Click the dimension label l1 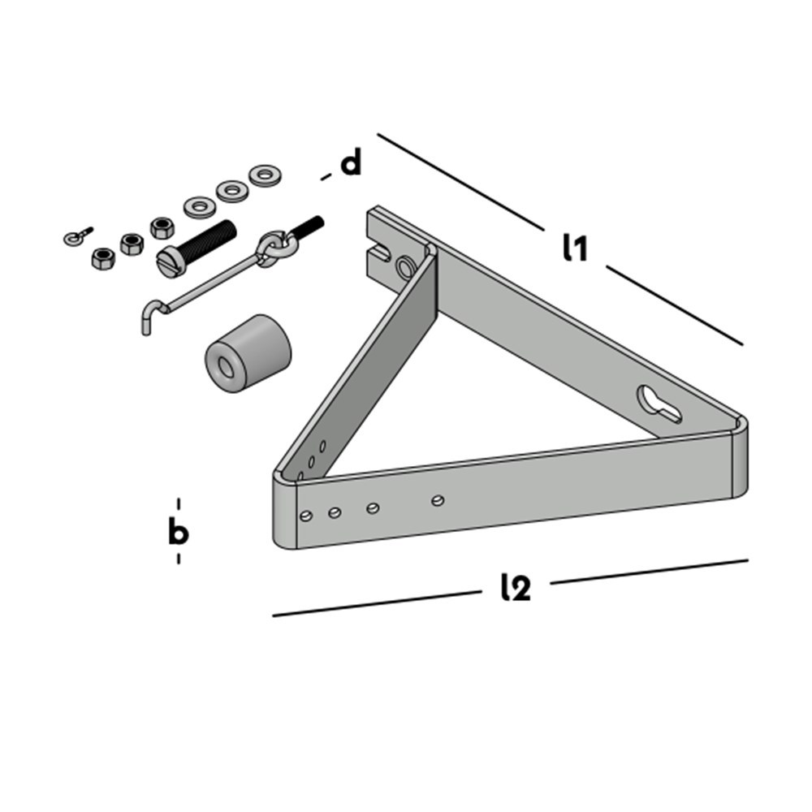click(x=575, y=248)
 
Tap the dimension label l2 click(x=516, y=587)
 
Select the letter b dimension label click(x=178, y=532)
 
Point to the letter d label click(x=350, y=164)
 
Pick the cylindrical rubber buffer click(x=247, y=353)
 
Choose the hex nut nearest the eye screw click(x=102, y=259)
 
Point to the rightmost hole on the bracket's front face click(x=438, y=501)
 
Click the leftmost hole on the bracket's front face click(x=306, y=516)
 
